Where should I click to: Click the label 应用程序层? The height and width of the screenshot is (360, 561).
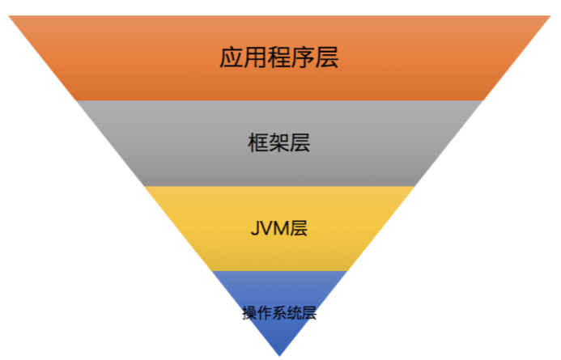tap(279, 57)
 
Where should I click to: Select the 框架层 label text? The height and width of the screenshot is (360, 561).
tap(279, 143)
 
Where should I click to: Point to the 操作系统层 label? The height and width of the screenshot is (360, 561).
tap(279, 313)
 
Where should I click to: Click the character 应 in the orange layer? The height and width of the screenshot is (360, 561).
tap(232, 57)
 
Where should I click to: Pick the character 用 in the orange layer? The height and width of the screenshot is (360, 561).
tap(256, 57)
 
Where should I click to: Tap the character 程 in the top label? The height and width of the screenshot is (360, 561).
tap(279, 57)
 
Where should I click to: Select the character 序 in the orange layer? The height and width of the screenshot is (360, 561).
tap(304, 57)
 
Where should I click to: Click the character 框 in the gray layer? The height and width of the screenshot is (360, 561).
tap(258, 143)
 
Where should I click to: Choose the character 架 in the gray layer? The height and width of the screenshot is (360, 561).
tap(279, 143)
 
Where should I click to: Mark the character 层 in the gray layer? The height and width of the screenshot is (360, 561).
tap(300, 143)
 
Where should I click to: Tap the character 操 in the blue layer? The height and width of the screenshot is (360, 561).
tap(249, 313)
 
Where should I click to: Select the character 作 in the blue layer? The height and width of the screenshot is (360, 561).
tap(264, 313)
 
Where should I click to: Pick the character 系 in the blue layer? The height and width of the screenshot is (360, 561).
tap(279, 313)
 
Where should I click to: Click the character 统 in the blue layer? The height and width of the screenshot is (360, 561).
tap(294, 313)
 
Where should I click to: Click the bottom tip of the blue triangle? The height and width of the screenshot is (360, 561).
tap(279, 355)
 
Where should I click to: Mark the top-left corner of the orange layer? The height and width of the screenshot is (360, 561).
tap(10, 16)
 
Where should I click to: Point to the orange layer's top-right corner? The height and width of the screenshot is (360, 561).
tap(550, 16)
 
